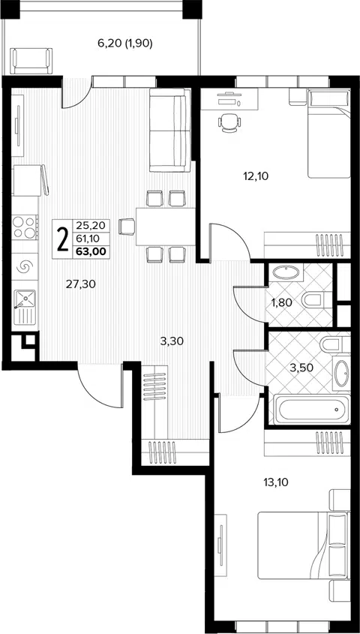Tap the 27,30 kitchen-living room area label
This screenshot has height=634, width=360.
click(81, 284)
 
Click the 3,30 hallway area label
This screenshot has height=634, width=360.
click(172, 341)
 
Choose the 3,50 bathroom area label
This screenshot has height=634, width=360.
click(301, 368)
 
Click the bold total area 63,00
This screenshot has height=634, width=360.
click(91, 251)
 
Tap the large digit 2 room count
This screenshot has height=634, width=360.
click(62, 239)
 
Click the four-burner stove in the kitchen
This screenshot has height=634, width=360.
click(25, 227)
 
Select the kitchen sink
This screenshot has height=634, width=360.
click(25, 307)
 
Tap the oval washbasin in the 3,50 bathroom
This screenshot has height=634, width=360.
click(341, 373)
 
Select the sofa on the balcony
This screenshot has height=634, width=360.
click(31, 61)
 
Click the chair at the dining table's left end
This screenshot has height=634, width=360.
click(127, 226)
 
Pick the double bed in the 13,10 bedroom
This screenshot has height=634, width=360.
click(302, 545)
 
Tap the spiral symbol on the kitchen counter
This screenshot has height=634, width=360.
click(24, 266)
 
